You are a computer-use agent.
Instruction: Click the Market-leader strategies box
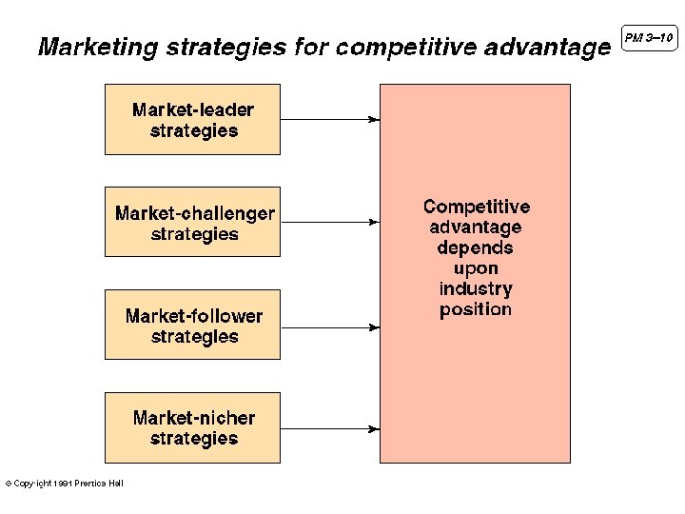192,120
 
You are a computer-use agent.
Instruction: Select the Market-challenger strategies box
192,222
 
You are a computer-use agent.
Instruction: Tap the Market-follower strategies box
192,325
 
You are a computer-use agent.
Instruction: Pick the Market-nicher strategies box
192,427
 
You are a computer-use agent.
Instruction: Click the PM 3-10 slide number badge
649,38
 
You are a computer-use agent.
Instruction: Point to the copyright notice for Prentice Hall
65,484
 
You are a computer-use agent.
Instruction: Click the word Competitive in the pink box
477,207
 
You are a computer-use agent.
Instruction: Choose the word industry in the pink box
476,288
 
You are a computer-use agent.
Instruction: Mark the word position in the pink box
476,309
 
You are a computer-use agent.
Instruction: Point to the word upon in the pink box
476,269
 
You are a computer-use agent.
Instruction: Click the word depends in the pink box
476,248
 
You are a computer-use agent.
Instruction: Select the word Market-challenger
194,213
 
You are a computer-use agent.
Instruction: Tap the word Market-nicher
194,418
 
